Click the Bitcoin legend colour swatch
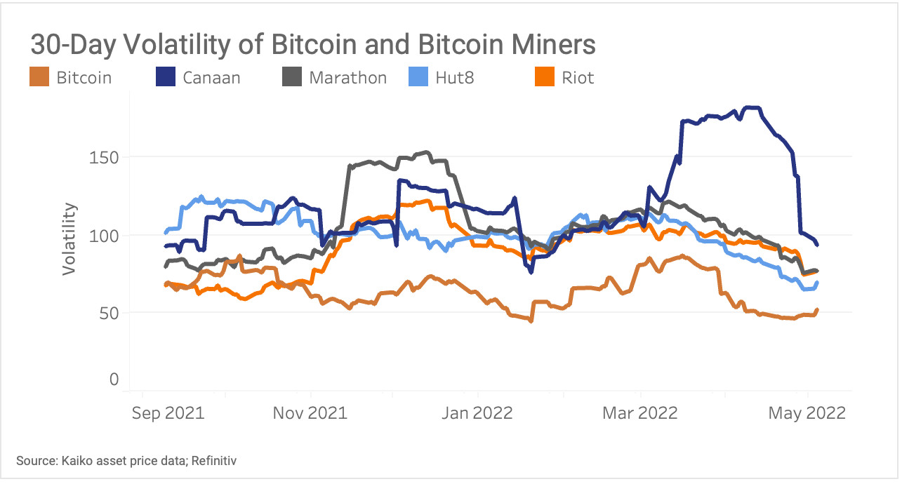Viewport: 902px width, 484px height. pyautogui.click(x=39, y=77)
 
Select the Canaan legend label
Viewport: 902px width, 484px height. pyautogui.click(x=211, y=77)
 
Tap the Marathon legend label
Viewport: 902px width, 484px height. pyautogui.click(x=347, y=77)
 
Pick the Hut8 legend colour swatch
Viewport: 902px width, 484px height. pyautogui.click(x=418, y=77)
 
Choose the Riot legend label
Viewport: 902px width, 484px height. pyautogui.click(x=577, y=77)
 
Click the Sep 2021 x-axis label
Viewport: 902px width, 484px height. pyautogui.click(x=168, y=412)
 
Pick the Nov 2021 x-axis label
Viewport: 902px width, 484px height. pyautogui.click(x=310, y=412)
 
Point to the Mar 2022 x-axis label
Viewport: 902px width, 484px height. pyautogui.click(x=639, y=412)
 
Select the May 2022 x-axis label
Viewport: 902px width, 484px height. pyautogui.click(x=808, y=412)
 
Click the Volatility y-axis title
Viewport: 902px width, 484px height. pyautogui.click(x=69, y=238)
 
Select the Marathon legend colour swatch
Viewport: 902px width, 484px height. pyautogui.click(x=292, y=77)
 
